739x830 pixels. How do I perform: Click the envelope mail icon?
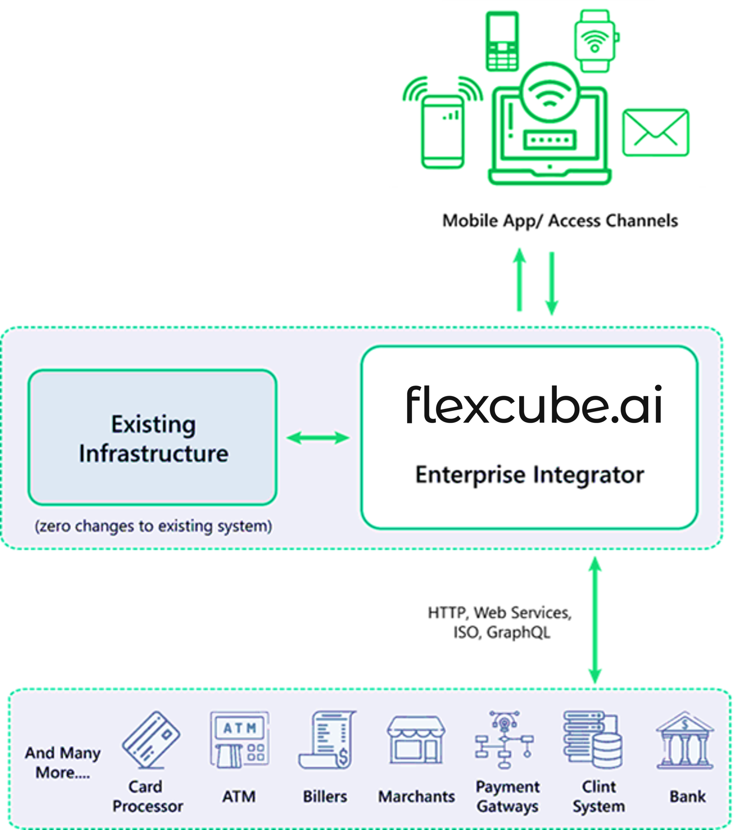tap(655, 132)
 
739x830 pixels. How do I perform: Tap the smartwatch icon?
tap(595, 41)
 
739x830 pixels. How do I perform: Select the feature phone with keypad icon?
tap(502, 41)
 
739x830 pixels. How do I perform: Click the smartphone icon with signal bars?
tap(443, 132)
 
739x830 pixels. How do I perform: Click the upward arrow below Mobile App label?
tap(519, 280)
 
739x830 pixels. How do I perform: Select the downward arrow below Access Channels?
tap(551, 283)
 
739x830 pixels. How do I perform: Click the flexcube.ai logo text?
tap(534, 405)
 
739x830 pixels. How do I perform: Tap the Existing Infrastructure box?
tap(153, 437)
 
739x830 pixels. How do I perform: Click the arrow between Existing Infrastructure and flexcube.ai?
tap(318, 438)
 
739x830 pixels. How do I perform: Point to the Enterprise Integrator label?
tap(529, 475)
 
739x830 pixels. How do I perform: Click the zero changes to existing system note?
tap(153, 526)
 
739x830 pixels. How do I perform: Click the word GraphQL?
tap(519, 632)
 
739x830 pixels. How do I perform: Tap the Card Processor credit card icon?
tap(151, 740)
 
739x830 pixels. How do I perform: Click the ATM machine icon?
tap(239, 740)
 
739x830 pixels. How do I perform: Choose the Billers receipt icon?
tap(327, 740)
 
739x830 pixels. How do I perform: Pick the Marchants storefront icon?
tap(416, 740)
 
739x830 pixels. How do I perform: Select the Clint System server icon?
tap(593, 740)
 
